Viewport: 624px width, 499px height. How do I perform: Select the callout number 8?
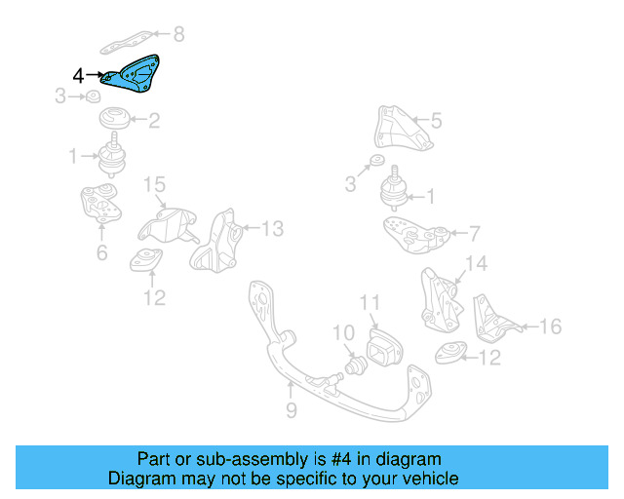pos(177,36)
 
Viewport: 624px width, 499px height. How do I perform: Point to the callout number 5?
pos(436,121)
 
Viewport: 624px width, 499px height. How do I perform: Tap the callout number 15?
pos(155,183)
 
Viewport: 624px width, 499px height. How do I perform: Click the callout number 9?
pos(291,411)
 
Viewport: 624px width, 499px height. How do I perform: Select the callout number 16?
pos(551,326)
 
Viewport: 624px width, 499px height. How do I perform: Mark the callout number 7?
pos(474,234)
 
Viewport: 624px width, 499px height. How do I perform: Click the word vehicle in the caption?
pos(425,479)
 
